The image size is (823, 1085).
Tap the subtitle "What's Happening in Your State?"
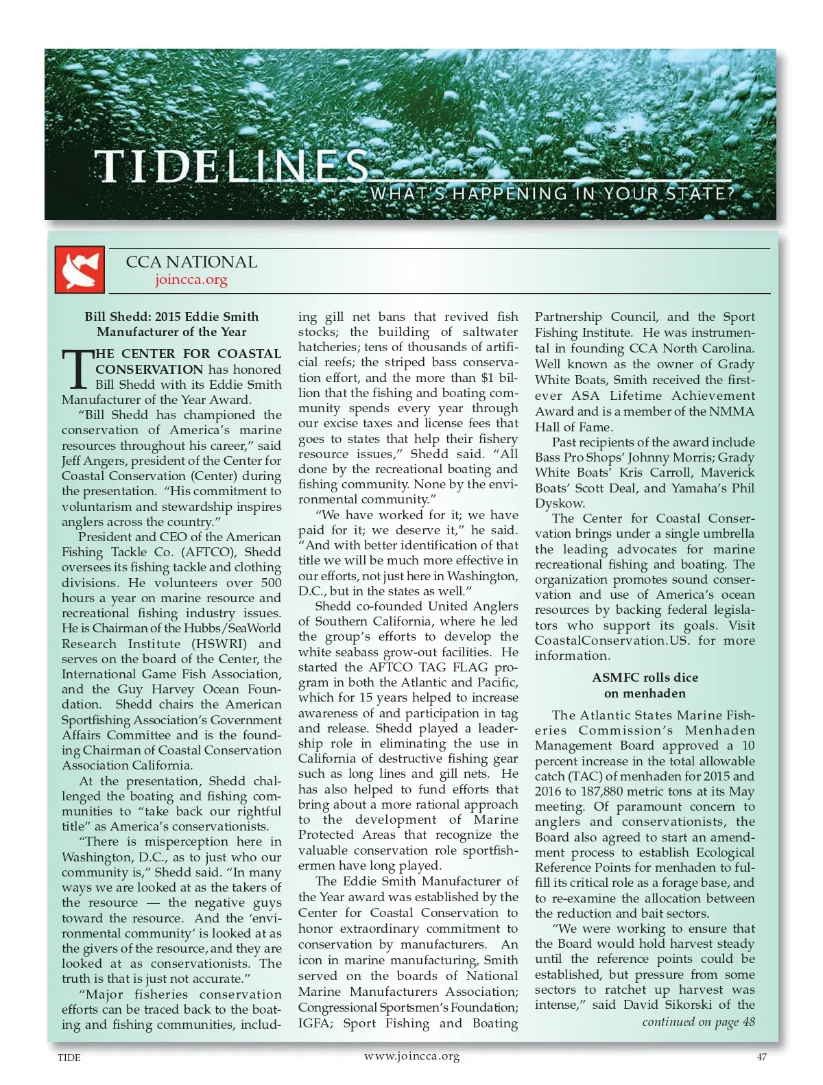[x=552, y=193]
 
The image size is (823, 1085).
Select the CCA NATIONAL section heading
[x=191, y=262]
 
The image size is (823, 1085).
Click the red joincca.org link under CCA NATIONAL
[x=191, y=280]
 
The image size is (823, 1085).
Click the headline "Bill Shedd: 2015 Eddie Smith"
[x=171, y=317]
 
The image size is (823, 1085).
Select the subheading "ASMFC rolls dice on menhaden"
[x=645, y=685]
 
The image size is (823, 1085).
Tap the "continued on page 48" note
[x=698, y=1022]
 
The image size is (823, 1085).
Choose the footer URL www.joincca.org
[x=411, y=1056]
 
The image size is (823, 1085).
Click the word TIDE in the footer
[x=69, y=1058]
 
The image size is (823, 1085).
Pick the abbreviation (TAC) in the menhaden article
[x=585, y=776]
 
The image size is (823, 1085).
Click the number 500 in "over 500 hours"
[x=271, y=583]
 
